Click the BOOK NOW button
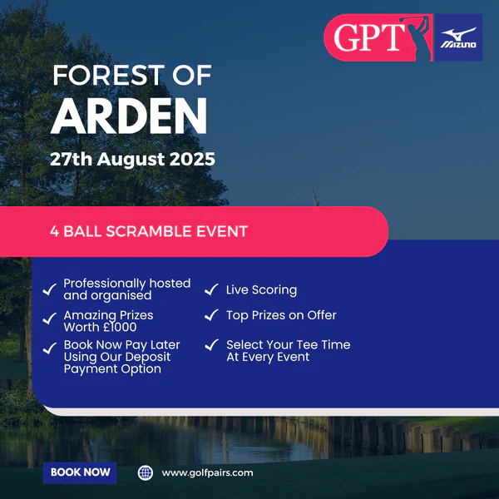(80, 472)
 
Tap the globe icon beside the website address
(145, 472)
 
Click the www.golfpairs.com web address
(207, 473)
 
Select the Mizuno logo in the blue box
(458, 38)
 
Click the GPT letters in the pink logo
(369, 37)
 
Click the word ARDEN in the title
(129, 116)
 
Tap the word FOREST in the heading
(109, 76)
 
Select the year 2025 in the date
(192, 159)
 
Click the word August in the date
(131, 160)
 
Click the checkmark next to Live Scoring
(211, 289)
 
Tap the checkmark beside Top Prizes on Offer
(211, 314)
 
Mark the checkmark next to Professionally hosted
(50, 289)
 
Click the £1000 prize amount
(120, 327)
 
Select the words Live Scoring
(262, 290)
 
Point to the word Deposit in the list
(148, 357)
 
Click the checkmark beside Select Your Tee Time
(211, 344)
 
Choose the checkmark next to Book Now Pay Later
(50, 348)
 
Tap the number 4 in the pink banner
(54, 232)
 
